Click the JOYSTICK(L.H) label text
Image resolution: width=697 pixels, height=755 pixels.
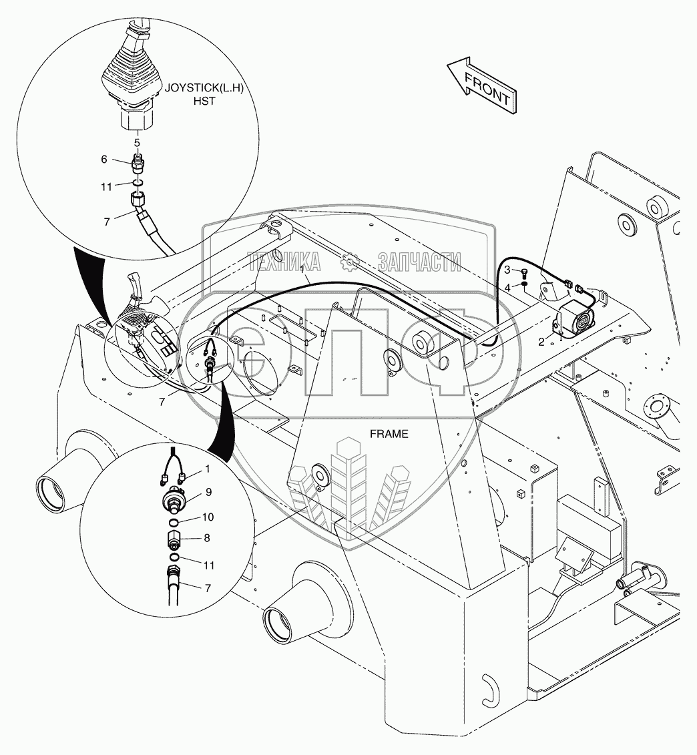200,87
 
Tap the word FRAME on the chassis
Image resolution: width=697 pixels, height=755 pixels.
389,434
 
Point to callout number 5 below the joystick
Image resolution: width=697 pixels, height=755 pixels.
137,142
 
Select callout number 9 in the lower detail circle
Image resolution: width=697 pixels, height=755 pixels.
208,493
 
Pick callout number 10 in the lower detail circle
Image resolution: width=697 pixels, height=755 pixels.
208,517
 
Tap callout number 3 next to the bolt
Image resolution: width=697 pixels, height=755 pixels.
507,270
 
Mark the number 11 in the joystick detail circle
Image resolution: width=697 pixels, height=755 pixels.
107,187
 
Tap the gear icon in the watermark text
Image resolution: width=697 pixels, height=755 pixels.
349,263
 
